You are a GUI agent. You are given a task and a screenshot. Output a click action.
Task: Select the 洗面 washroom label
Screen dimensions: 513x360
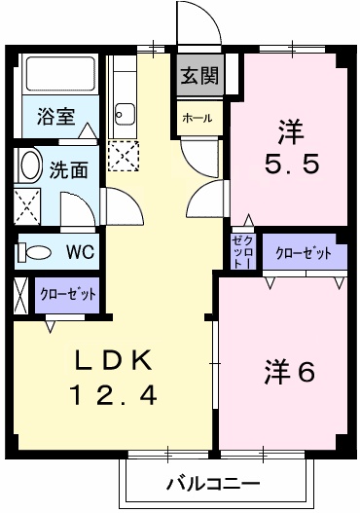(x=68, y=168)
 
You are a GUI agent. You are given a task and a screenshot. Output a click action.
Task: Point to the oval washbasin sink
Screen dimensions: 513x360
(x=30, y=165)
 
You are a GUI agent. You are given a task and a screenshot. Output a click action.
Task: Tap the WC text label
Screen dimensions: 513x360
(x=79, y=252)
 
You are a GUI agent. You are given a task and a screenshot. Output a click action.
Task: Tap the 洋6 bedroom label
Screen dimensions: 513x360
(x=288, y=373)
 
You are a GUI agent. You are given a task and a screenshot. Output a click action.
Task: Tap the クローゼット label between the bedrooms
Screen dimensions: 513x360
(x=303, y=253)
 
